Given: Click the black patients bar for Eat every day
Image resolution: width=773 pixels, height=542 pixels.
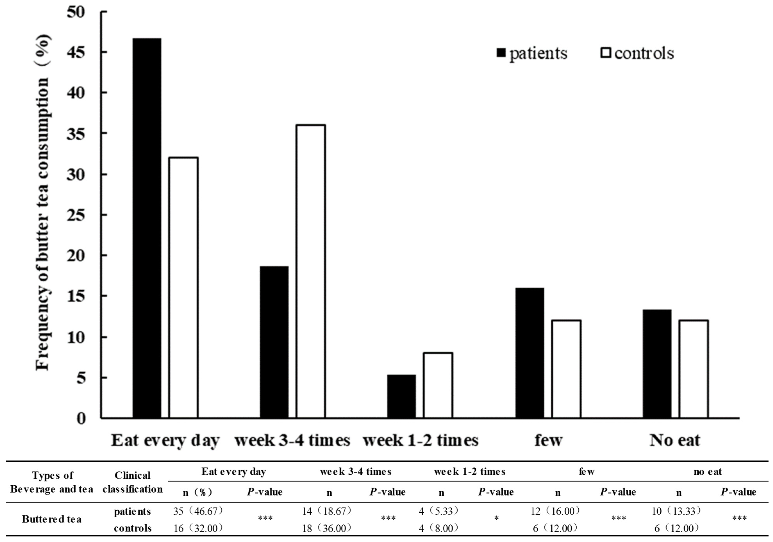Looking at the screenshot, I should pyautogui.click(x=147, y=229).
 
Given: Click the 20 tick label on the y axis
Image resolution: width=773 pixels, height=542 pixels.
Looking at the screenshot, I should pyautogui.click(x=76, y=256).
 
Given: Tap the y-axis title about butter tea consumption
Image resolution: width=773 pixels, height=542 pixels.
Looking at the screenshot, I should pyautogui.click(x=43, y=202).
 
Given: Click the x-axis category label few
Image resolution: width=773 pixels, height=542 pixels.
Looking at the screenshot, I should pyautogui.click(x=548, y=440).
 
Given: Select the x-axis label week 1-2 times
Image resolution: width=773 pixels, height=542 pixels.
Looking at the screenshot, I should pyautogui.click(x=421, y=440).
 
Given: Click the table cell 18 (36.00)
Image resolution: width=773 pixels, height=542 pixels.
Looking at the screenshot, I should pyautogui.click(x=327, y=529).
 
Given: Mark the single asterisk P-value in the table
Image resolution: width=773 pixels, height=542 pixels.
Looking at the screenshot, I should pyautogui.click(x=496, y=519).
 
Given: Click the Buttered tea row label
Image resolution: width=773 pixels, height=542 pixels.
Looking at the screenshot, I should pyautogui.click(x=52, y=519).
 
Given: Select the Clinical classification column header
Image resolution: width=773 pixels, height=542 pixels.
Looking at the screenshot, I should pyautogui.click(x=132, y=482).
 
